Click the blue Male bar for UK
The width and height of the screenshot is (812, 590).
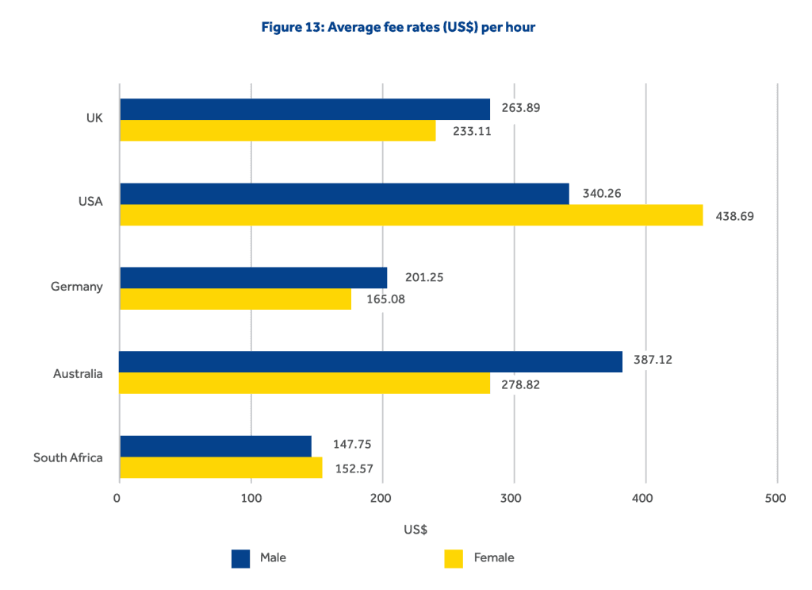304,109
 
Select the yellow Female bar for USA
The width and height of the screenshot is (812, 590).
411,215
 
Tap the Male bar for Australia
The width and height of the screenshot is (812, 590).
370,361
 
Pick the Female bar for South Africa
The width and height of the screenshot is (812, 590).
220,468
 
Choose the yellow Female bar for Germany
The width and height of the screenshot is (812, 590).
235,299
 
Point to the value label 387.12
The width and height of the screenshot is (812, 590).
653,360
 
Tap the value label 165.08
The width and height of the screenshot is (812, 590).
385,300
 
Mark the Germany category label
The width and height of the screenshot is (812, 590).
77,287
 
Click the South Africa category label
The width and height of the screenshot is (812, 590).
68,457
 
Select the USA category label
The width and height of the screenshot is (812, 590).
90,202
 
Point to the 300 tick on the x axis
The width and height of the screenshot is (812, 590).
514,499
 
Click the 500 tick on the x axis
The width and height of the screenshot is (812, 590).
776,499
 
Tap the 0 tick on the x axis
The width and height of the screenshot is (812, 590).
117,499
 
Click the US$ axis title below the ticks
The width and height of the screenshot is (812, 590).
416,530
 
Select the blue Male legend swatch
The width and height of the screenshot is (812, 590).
240,558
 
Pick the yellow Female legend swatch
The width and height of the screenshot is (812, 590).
453,558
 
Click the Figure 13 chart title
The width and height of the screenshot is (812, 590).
398,27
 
